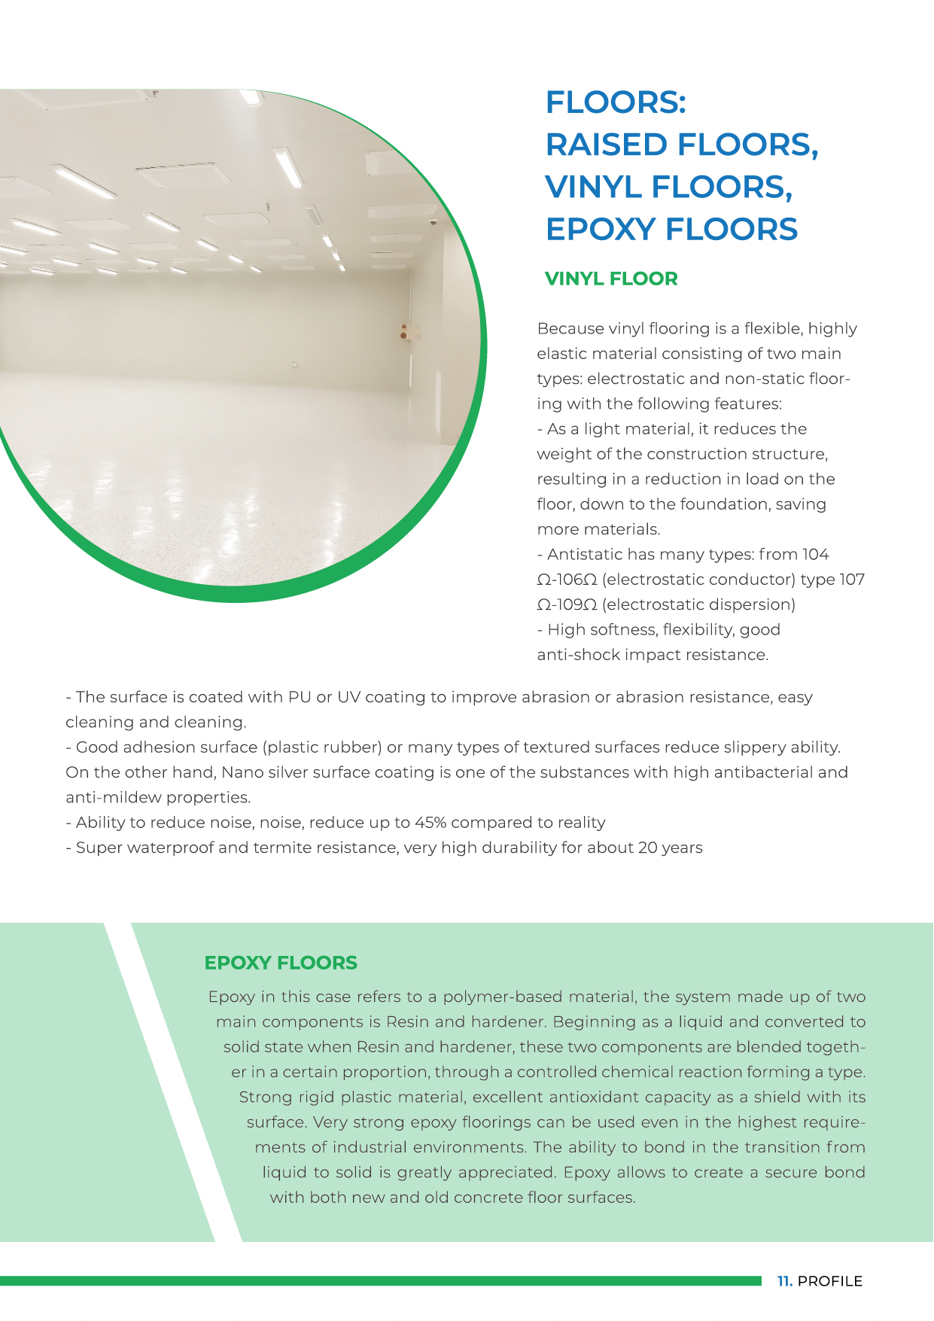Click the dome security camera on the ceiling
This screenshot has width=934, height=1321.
(x=433, y=223)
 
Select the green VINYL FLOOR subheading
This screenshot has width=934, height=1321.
(x=611, y=279)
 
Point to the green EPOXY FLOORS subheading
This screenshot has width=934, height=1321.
(x=281, y=963)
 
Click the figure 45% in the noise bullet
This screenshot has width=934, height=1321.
(x=430, y=823)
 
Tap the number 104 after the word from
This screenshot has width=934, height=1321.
(x=815, y=555)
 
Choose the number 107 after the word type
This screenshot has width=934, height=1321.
(x=852, y=580)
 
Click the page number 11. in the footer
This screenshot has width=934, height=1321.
(x=784, y=1281)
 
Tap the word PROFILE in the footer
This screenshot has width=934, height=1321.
(x=829, y=1281)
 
